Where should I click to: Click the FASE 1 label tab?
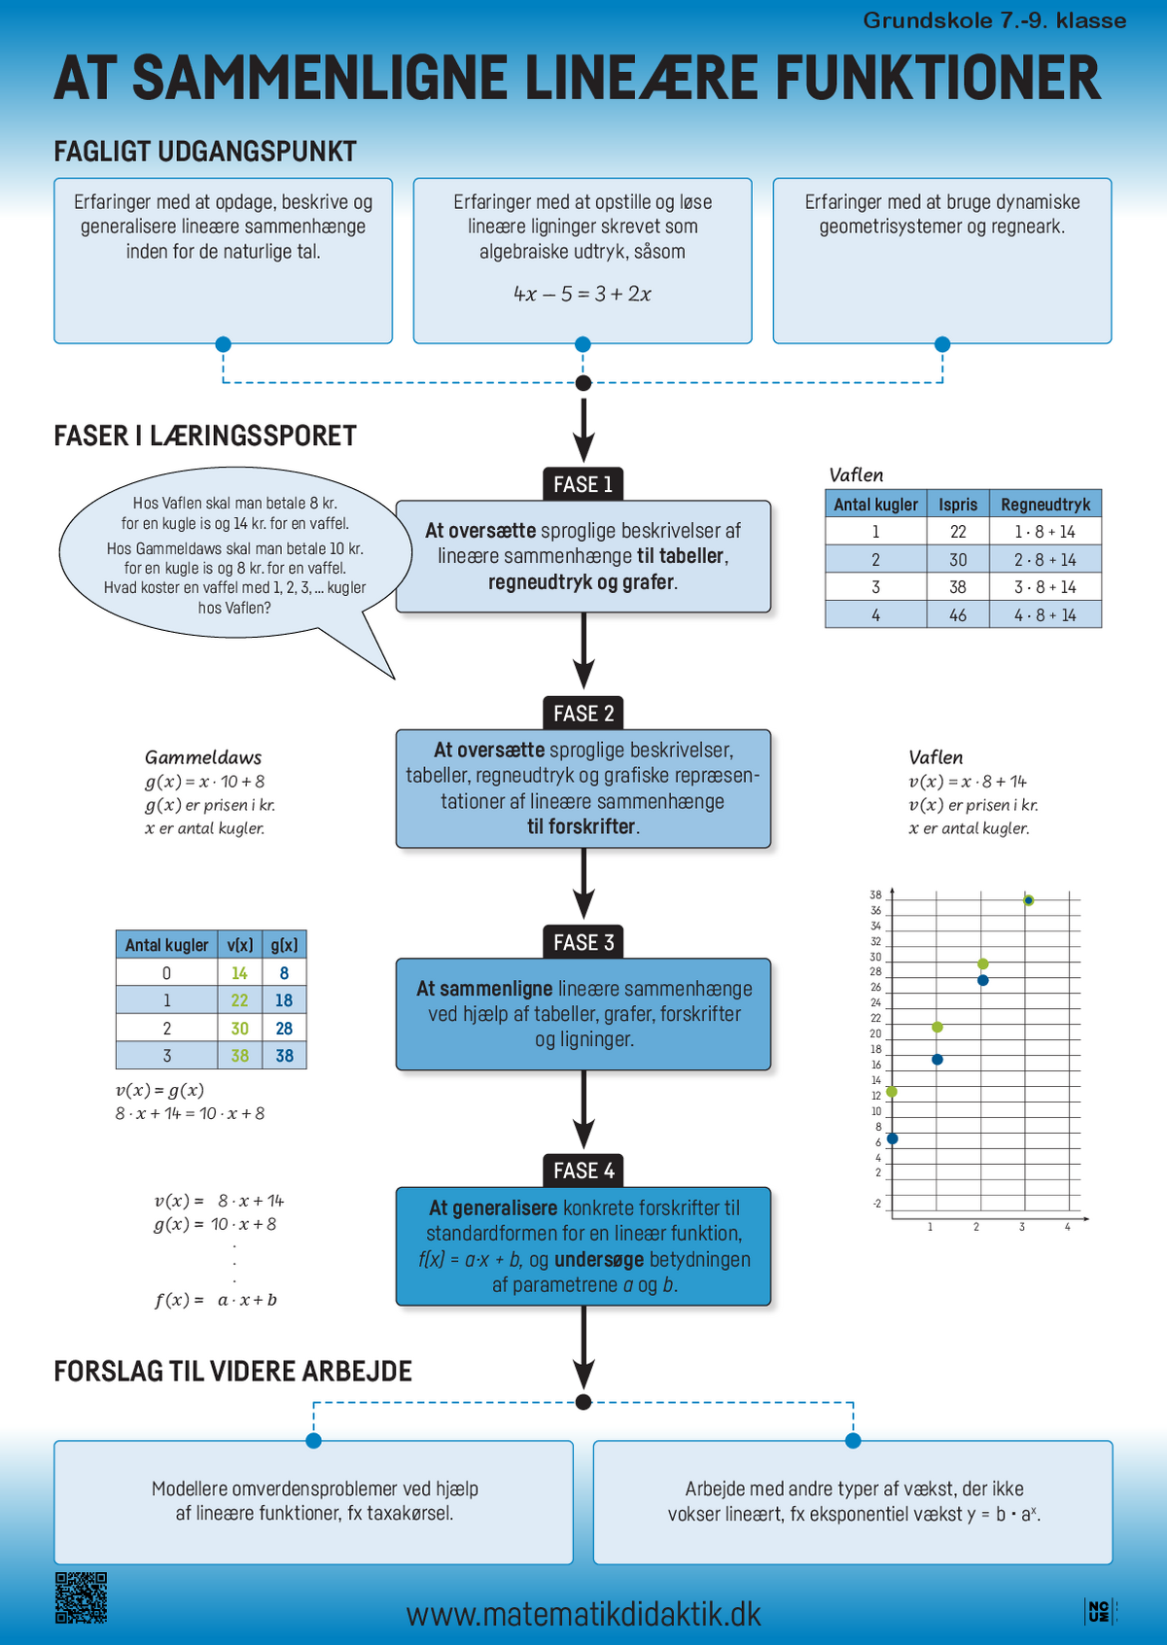[583, 484]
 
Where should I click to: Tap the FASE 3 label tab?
[583, 941]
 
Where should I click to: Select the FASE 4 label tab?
[583, 1171]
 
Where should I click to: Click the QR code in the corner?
[81, 1597]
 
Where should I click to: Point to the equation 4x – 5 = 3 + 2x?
[583, 294]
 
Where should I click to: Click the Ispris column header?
[958, 505]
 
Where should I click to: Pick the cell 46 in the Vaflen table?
[958, 614]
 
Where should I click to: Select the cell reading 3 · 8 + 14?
[1045, 587]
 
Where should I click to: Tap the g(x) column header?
[284, 944]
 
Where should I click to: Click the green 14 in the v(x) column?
[239, 973]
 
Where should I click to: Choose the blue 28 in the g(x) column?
[284, 1029]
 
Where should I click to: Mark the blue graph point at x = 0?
[893, 1138]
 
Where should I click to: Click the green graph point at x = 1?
[937, 1027]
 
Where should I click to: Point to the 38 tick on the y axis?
[875, 895]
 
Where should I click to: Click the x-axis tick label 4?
[1067, 1226]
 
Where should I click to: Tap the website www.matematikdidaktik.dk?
[583, 1614]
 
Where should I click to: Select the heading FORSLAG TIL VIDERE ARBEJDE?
[232, 1371]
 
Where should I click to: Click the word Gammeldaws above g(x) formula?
[202, 757]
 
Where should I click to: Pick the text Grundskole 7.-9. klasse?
[995, 20]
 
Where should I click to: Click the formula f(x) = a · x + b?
[216, 1300]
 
